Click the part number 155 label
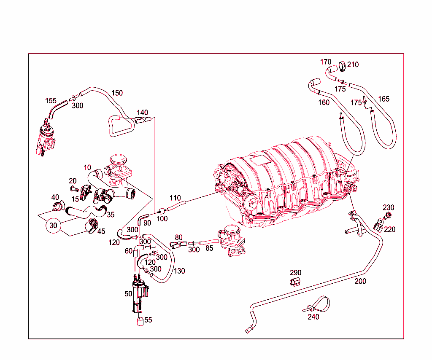tap(51, 101)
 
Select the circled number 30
tap(53, 226)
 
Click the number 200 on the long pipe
tap(360, 281)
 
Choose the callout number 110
tap(175, 198)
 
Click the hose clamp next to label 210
tap(342, 66)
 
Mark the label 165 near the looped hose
tap(384, 99)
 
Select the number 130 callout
tap(179, 271)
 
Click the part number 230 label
tap(389, 207)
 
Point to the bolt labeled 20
tap(73, 188)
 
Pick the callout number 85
tap(209, 249)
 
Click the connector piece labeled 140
tap(143, 121)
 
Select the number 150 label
tap(117, 93)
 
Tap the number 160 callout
tap(324, 102)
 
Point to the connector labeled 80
tap(176, 244)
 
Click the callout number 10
tap(87, 168)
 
